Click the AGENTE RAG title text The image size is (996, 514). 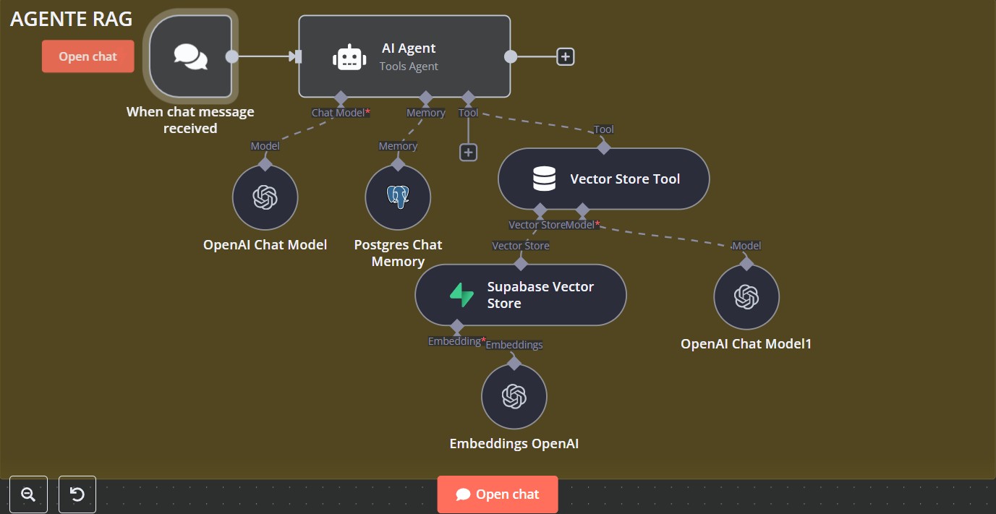pyautogui.click(x=71, y=20)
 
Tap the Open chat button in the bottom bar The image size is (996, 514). pyautogui.click(x=498, y=494)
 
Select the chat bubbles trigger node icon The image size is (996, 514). pyautogui.click(x=191, y=56)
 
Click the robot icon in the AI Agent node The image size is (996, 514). pyautogui.click(x=349, y=57)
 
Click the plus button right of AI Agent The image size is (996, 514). pyautogui.click(x=566, y=56)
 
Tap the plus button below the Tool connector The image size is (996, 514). pyautogui.click(x=469, y=152)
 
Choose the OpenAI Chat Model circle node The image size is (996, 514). pyautogui.click(x=265, y=197)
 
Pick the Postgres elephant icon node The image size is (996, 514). pyautogui.click(x=398, y=197)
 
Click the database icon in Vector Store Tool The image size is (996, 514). pyautogui.click(x=544, y=179)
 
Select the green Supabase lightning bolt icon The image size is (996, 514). pyautogui.click(x=461, y=295)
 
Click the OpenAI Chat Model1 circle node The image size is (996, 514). pyautogui.click(x=746, y=296)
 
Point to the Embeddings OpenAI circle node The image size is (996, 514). pyautogui.click(x=514, y=396)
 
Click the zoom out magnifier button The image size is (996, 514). pyautogui.click(x=29, y=494)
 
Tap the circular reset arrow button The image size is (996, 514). pyautogui.click(x=77, y=494)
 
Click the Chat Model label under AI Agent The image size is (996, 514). pyautogui.click(x=339, y=113)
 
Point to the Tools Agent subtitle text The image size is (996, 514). pyautogui.click(x=409, y=67)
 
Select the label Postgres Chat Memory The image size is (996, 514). pyautogui.click(x=398, y=253)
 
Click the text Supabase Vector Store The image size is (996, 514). pyautogui.click(x=540, y=295)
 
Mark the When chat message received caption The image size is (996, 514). pyautogui.click(x=190, y=120)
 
